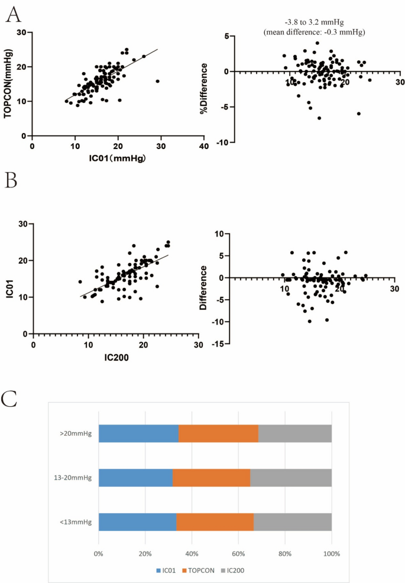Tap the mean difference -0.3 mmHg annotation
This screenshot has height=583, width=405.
click(x=314, y=32)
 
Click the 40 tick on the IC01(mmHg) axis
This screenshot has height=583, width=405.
click(x=203, y=146)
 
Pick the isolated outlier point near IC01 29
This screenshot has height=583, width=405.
click(x=157, y=81)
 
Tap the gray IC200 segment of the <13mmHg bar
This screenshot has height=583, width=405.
click(x=293, y=522)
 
